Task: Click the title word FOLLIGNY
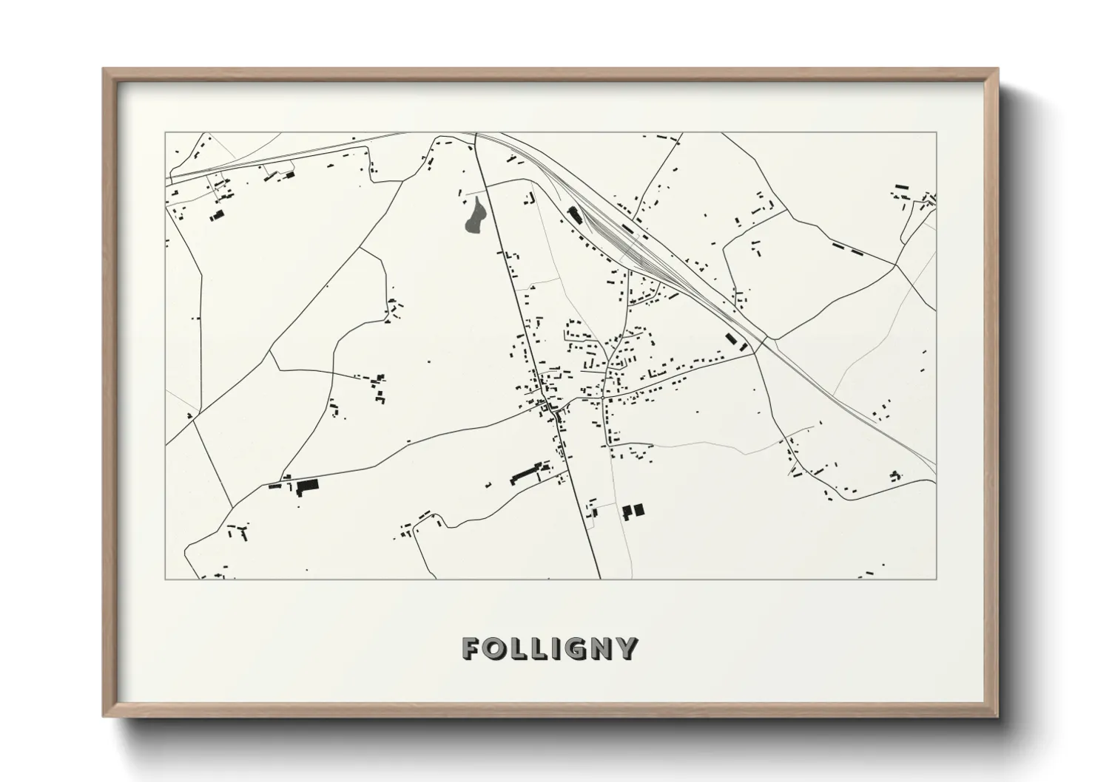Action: tap(549, 648)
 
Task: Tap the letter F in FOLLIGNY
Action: tap(471, 648)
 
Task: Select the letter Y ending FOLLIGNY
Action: tap(627, 648)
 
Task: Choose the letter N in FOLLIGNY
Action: tap(601, 648)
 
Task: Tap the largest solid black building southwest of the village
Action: tap(307, 486)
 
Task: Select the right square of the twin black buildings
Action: tap(639, 509)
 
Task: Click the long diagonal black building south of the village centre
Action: tap(525, 473)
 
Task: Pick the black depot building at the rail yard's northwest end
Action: tap(574, 214)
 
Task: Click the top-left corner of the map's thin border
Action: tap(165, 132)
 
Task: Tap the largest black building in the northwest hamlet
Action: tap(217, 215)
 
